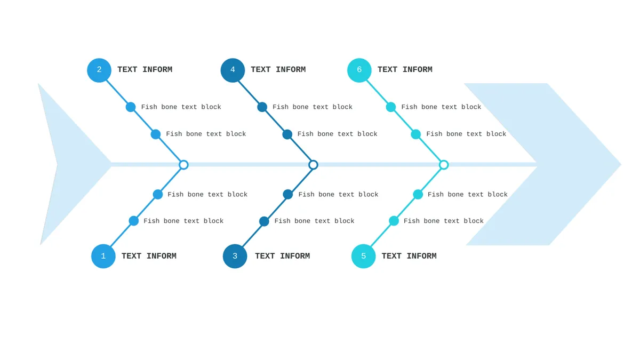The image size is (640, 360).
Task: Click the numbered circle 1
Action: point(103,256)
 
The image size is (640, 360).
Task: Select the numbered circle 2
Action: point(99,70)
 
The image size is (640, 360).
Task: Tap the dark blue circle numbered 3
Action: point(235,256)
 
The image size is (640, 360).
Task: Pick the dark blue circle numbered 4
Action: point(233,70)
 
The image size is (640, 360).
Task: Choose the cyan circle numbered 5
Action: point(363,256)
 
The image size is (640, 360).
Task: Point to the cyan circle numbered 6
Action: point(359,70)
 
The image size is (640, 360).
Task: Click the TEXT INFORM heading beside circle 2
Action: point(145,70)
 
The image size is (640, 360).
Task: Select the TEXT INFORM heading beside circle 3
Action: point(282,256)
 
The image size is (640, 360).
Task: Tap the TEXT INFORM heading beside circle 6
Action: point(405,70)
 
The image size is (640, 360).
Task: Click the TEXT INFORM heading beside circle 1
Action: point(149,256)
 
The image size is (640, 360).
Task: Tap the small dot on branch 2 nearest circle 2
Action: point(131,107)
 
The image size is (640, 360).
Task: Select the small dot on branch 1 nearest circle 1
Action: point(134,221)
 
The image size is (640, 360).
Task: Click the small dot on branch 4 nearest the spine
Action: point(287,134)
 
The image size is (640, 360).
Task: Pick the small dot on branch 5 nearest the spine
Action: point(418,195)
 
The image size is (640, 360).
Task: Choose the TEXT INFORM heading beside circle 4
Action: point(278,70)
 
